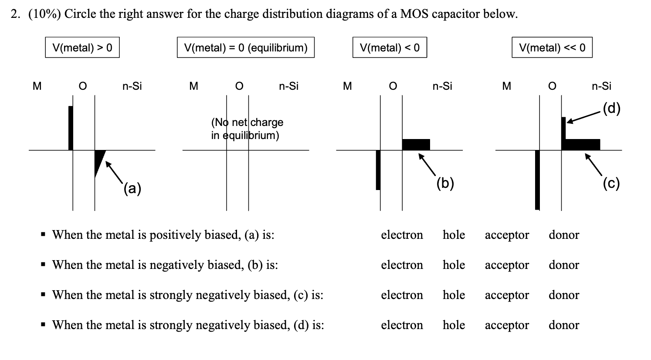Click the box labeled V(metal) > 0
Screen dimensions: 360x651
pyautogui.click(x=82, y=48)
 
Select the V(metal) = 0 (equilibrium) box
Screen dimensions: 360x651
pyautogui.click(x=245, y=48)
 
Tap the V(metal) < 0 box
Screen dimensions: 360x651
pyautogui.click(x=390, y=48)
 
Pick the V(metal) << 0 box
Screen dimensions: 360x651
pyautogui.click(x=552, y=48)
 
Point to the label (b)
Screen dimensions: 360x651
pyautogui.click(x=445, y=183)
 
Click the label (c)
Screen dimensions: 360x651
pyautogui.click(x=611, y=183)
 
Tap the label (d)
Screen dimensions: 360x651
pyautogui.click(x=611, y=108)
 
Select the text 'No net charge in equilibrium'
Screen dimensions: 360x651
pyautogui.click(x=247, y=129)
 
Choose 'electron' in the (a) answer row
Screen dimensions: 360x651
pyautogui.click(x=402, y=235)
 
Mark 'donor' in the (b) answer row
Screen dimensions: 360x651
pyautogui.click(x=564, y=265)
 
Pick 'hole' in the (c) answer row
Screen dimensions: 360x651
pyautogui.click(x=454, y=295)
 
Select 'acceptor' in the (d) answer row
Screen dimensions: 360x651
pyautogui.click(x=507, y=325)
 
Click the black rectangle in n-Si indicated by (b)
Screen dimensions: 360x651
pyautogui.click(x=416, y=144)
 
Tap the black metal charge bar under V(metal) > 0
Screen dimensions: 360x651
pyautogui.click(x=71, y=128)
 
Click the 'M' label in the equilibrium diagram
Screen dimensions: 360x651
pyautogui.click(x=193, y=86)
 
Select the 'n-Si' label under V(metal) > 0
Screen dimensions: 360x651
pyautogui.click(x=132, y=86)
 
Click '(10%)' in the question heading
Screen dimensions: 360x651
pyautogui.click(x=45, y=14)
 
